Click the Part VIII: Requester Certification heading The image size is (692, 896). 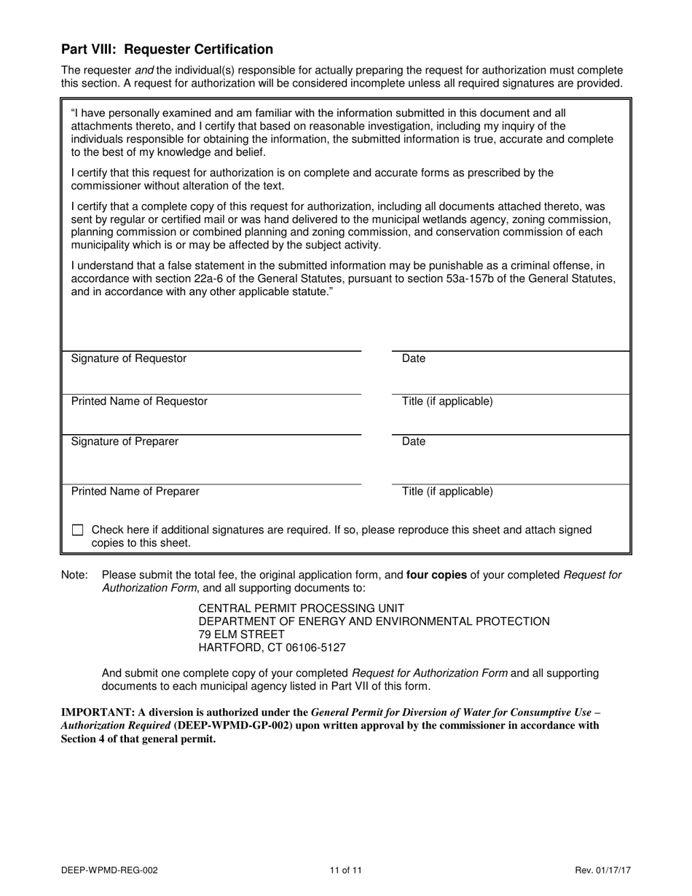167,50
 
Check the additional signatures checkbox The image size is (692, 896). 78,530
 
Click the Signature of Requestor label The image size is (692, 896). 129,358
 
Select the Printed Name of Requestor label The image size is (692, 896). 139,401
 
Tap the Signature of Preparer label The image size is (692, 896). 125,441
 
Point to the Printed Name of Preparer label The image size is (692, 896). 135,491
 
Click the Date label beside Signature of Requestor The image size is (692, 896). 414,358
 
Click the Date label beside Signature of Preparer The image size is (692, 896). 414,441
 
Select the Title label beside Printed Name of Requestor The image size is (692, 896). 447,401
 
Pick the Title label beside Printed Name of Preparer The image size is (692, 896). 447,491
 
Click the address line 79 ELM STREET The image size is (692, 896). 242,634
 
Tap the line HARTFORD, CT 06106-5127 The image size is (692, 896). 272,648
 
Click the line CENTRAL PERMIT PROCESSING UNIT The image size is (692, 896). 302,608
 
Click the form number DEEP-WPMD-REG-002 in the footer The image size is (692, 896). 109,870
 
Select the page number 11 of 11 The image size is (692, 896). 345,870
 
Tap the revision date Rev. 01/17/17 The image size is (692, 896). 601,870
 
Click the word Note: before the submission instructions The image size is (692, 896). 74,575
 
